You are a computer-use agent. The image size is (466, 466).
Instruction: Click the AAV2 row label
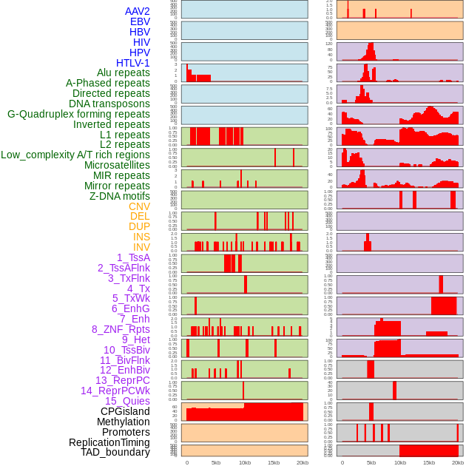click(138, 11)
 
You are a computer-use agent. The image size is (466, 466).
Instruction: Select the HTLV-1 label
click(133, 63)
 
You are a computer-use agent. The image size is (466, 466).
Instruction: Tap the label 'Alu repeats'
click(124, 72)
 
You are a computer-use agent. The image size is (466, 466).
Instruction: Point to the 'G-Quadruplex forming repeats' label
click(78, 114)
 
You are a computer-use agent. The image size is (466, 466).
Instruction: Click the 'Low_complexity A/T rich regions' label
click(75, 155)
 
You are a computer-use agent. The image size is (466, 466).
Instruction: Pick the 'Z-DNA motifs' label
click(120, 196)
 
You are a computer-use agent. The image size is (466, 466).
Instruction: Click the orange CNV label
click(139, 206)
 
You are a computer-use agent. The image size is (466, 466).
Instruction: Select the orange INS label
click(141, 237)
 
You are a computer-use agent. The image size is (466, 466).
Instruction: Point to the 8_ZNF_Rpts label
click(121, 329)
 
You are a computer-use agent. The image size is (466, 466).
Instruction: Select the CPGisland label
click(125, 411)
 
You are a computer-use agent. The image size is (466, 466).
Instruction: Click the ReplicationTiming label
click(109, 442)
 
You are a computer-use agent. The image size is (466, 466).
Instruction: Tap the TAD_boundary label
click(115, 452)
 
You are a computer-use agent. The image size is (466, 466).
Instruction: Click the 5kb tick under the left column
click(216, 462)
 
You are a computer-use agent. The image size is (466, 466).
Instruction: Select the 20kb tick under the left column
click(302, 462)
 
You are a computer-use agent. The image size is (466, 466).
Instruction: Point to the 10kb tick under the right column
click(400, 462)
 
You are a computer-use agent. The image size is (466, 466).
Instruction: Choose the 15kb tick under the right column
click(429, 462)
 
